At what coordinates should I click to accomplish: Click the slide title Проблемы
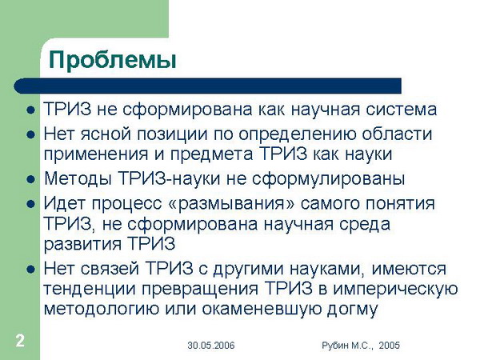click(113, 61)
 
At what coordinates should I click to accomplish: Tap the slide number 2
click(20, 341)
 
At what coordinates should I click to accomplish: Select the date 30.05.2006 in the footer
click(211, 346)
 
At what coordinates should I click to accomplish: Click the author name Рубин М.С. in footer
click(347, 346)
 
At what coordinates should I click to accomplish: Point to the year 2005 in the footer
click(389, 346)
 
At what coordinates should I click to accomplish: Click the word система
click(401, 110)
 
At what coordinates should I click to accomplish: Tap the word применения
click(96, 154)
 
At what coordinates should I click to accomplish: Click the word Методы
click(78, 178)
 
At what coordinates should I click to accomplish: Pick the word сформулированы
click(328, 179)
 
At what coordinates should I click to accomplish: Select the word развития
click(82, 244)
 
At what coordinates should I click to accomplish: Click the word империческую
click(395, 289)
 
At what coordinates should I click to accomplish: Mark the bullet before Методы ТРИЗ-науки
click(30, 179)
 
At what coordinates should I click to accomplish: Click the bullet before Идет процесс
click(30, 204)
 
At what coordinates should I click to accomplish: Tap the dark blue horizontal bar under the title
click(207, 86)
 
